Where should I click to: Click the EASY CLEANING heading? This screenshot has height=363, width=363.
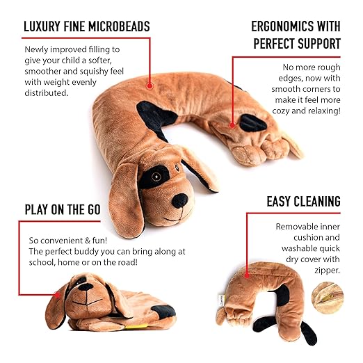pyautogui.click(x=303, y=202)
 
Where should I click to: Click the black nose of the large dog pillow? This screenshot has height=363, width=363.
pyautogui.click(x=180, y=200)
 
